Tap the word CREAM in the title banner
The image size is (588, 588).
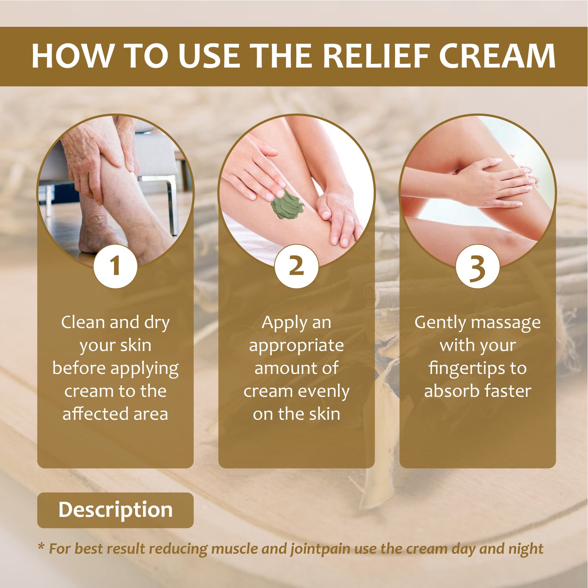pyautogui.click(x=497, y=56)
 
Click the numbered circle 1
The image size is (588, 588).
pyautogui.click(x=115, y=266)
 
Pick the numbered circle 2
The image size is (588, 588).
pyautogui.click(x=296, y=266)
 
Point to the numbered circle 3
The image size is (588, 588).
pyautogui.click(x=478, y=266)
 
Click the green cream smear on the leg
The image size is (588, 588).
pyautogui.click(x=287, y=204)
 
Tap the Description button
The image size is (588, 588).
pyautogui.click(x=115, y=510)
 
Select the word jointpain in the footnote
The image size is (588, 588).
pyautogui.click(x=320, y=556)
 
